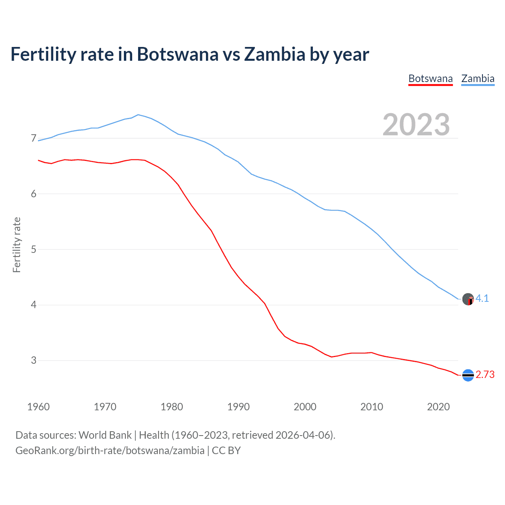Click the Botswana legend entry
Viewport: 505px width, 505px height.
[x=430, y=79]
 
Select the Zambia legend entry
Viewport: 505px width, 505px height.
[x=478, y=79]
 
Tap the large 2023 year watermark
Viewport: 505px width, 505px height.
[x=416, y=125]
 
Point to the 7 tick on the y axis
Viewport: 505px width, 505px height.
[x=34, y=138]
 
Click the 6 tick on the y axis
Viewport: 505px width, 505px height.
[x=34, y=194]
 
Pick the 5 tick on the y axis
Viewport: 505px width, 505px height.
[x=34, y=249]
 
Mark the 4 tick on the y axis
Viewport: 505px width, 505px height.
[x=34, y=305]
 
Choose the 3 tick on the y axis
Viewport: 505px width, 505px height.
[x=34, y=360]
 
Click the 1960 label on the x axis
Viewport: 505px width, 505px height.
[x=38, y=407]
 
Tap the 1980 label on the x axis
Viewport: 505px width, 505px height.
[x=172, y=407]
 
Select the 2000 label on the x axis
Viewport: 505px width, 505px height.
[x=305, y=407]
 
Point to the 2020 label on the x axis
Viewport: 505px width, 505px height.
[x=438, y=407]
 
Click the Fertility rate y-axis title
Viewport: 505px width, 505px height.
[x=17, y=245]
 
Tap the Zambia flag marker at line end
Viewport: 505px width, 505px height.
[x=468, y=299]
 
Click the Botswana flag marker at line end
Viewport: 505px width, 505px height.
[x=468, y=375]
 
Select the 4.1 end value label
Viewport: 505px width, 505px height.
[x=482, y=299]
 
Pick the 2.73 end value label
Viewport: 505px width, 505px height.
[x=485, y=375]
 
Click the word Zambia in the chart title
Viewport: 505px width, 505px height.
[x=275, y=54]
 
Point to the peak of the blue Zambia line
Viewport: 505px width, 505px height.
[x=138, y=115]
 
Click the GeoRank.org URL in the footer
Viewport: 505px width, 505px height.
[x=110, y=451]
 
